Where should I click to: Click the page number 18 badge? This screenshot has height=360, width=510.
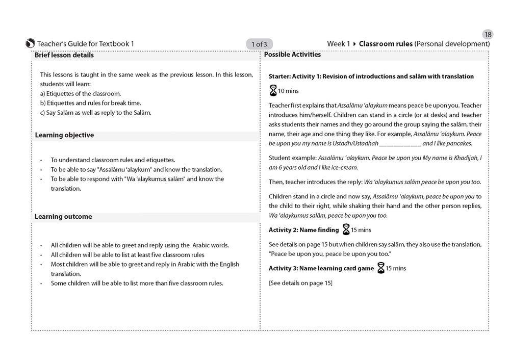click(x=488, y=34)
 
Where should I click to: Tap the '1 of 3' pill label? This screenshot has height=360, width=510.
click(x=259, y=44)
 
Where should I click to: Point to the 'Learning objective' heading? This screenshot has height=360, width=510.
click(x=64, y=135)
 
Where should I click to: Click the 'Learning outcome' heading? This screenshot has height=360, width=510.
click(x=63, y=217)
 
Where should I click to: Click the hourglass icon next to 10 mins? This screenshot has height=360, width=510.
click(x=273, y=91)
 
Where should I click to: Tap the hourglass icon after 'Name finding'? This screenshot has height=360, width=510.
click(x=346, y=229)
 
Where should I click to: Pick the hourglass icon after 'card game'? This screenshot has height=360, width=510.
click(x=381, y=268)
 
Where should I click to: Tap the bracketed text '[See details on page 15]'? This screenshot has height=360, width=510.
click(x=300, y=282)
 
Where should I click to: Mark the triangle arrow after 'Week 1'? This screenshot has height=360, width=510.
click(x=354, y=44)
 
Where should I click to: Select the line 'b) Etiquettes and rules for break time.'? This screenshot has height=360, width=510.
click(x=90, y=103)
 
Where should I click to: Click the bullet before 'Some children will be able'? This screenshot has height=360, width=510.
click(x=41, y=284)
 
